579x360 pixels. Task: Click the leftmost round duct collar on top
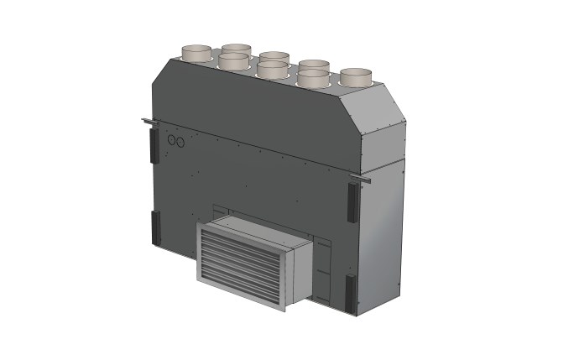[200, 53]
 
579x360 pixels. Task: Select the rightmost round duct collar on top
[355, 77]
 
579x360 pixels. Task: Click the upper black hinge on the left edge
[153, 147]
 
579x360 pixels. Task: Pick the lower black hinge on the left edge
[155, 228]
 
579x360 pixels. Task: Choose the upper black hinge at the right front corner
[352, 201]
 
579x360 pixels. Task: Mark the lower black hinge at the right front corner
[351, 290]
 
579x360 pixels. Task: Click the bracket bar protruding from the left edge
[148, 124]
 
